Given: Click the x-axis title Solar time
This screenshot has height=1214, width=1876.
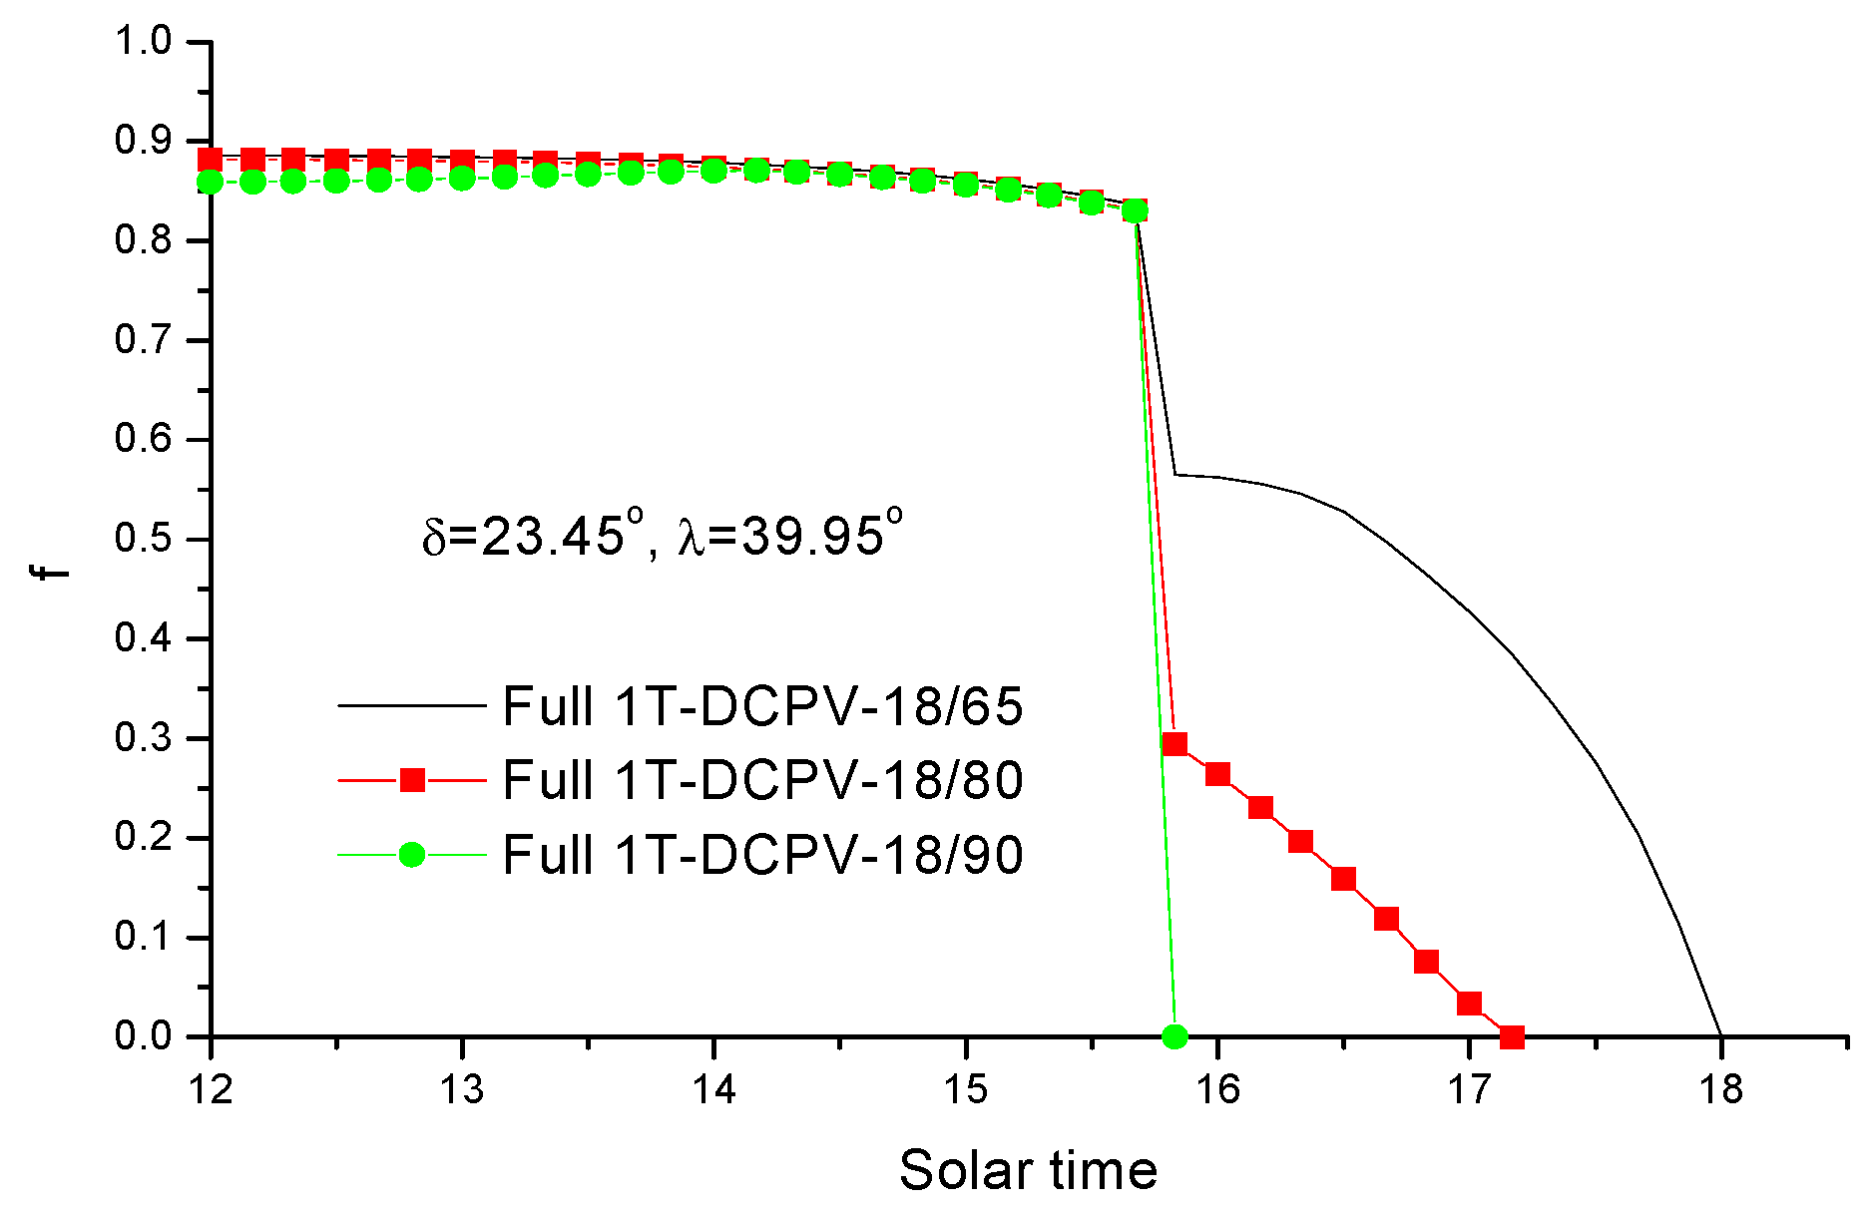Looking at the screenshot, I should [x=1028, y=1169].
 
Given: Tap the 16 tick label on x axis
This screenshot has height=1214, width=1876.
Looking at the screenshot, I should [x=1217, y=1088].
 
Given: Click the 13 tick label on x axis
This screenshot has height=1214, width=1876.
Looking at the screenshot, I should [x=462, y=1088].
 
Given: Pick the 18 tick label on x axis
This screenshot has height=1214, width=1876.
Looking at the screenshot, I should [x=1720, y=1088].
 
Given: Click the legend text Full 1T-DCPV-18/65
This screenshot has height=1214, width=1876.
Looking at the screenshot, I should [x=762, y=706].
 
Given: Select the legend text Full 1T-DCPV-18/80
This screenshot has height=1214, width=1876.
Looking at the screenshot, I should [x=762, y=780].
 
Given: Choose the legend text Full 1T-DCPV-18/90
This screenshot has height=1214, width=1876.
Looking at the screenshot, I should [x=762, y=855].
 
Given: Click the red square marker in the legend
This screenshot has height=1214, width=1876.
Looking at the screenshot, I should [x=412, y=780].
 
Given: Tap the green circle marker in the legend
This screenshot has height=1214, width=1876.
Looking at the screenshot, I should [x=412, y=855].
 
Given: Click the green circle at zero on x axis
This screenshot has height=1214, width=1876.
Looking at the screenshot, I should [x=1175, y=1036].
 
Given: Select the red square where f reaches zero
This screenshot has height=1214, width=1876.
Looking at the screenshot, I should [x=1512, y=1036].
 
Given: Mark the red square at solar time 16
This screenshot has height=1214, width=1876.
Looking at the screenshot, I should [x=1217, y=774].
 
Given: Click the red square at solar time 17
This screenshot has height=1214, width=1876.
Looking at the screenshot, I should [x=1469, y=1003].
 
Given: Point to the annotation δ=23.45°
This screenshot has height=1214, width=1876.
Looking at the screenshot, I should [x=524, y=537].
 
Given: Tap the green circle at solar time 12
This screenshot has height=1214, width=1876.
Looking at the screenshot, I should [x=211, y=182].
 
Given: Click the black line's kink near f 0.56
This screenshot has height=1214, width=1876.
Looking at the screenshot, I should [x=1175, y=475].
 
